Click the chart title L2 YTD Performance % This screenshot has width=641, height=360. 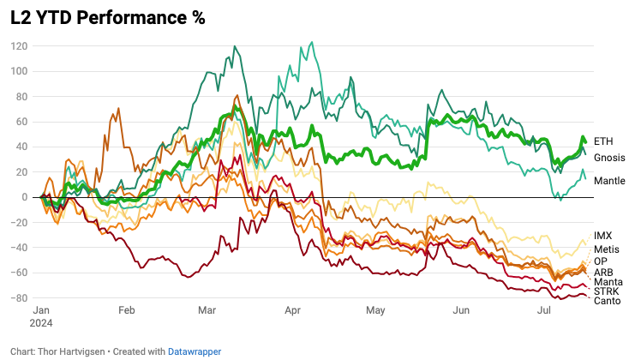108,18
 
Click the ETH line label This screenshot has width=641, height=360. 603,141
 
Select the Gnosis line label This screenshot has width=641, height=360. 609,158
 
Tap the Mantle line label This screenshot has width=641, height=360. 609,181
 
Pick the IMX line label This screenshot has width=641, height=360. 602,235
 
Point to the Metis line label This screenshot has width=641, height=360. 606,249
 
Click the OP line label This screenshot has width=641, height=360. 601,261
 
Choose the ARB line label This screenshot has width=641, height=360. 603,272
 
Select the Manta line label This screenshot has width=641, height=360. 608,282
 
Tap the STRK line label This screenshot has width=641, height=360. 605,291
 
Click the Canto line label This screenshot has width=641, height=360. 607,301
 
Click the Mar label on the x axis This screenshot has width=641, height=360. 207,310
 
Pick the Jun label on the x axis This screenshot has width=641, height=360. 460,310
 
